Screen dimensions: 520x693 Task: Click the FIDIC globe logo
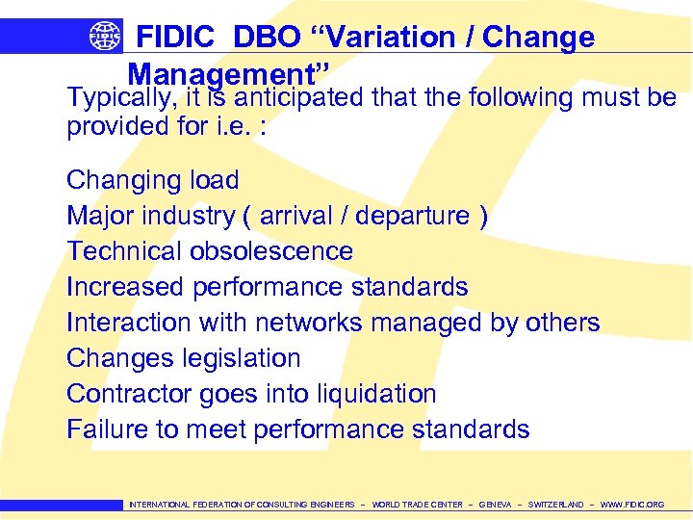pyautogui.click(x=105, y=36)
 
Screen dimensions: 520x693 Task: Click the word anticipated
pyautogui.click(x=299, y=98)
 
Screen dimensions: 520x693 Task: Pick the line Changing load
pyautogui.click(x=152, y=180)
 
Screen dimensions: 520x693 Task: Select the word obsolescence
pyautogui.click(x=271, y=251)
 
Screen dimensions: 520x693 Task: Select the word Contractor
pyautogui.click(x=129, y=394)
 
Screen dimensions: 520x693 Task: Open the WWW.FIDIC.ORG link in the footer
pyautogui.click(x=631, y=505)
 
